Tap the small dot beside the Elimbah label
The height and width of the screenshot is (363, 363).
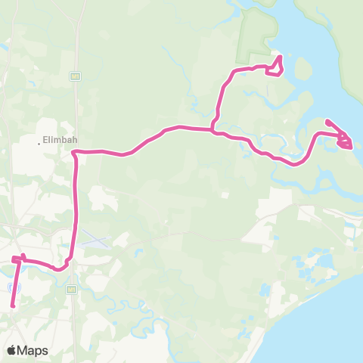point(39,141)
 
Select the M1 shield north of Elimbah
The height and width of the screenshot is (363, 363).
point(75,76)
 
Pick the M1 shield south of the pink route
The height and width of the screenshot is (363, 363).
point(72,289)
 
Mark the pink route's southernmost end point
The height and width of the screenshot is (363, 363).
point(13,306)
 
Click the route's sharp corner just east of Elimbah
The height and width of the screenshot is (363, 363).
point(74,153)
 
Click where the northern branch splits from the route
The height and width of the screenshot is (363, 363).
point(214,129)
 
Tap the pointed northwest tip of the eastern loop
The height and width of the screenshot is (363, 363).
point(327,121)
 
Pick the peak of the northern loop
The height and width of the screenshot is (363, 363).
point(280,57)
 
